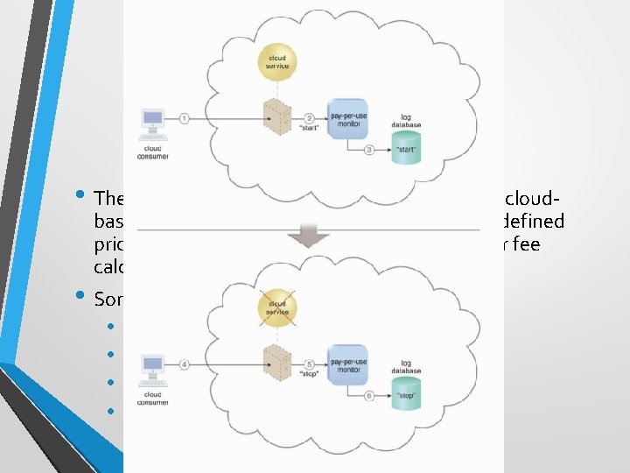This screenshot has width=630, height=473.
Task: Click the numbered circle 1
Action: tap(184, 116)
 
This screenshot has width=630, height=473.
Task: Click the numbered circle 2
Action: tap(309, 118)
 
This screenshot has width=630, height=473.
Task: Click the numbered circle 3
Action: tap(370, 150)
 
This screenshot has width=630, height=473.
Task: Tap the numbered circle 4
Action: tap(184, 363)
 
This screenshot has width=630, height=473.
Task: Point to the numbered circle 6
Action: tap(370, 395)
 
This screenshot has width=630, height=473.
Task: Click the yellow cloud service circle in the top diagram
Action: tap(276, 62)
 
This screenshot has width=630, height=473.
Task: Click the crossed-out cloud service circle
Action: tap(276, 308)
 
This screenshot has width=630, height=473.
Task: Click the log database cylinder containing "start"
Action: tap(406, 148)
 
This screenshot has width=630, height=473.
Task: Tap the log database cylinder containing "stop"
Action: tap(406, 393)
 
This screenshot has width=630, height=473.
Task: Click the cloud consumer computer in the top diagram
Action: tap(153, 124)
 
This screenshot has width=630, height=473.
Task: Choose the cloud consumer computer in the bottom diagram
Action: tap(153, 369)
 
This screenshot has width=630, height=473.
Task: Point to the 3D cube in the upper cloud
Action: tap(277, 113)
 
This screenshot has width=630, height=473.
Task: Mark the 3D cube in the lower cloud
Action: tap(277, 359)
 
